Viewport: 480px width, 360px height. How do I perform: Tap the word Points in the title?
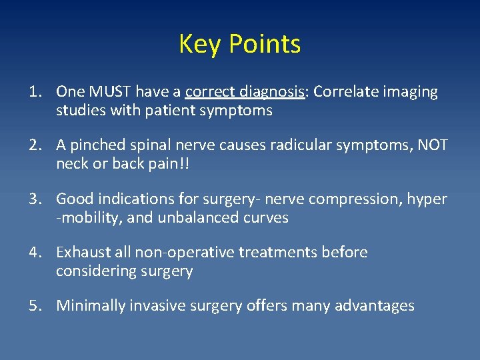pyautogui.click(x=265, y=45)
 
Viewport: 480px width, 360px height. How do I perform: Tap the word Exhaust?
pyautogui.click(x=83, y=253)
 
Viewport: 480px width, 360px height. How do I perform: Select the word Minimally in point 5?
pyautogui.click(x=89, y=306)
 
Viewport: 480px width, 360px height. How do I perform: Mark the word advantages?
pyautogui.click(x=377, y=306)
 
